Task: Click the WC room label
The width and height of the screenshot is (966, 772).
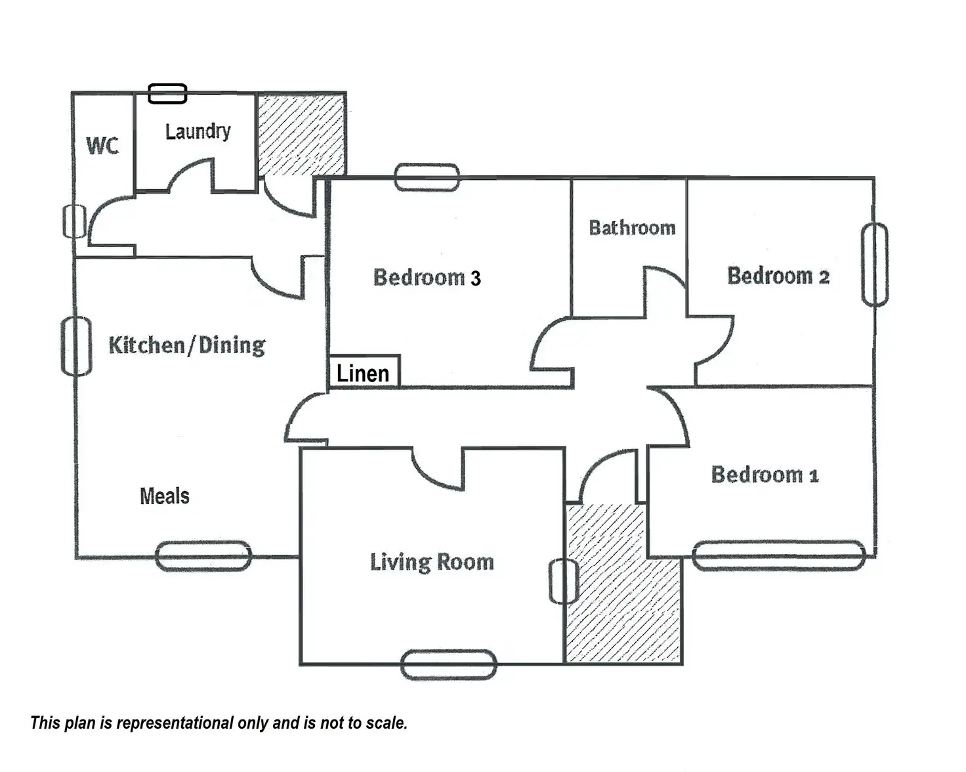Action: click(102, 145)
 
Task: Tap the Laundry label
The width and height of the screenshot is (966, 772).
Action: click(198, 131)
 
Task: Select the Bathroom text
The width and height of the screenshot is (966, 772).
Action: click(632, 228)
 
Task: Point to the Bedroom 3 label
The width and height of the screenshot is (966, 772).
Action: click(427, 277)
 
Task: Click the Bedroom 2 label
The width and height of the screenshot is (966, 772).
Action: click(778, 276)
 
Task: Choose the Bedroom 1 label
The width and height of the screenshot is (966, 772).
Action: click(765, 474)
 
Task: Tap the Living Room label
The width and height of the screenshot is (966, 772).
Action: click(432, 562)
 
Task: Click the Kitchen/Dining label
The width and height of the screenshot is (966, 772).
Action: click(187, 345)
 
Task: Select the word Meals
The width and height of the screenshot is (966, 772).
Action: click(165, 496)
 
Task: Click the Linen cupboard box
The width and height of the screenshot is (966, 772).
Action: click(364, 372)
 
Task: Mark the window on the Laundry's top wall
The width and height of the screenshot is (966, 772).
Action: click(167, 94)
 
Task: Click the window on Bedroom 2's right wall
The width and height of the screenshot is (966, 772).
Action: click(874, 265)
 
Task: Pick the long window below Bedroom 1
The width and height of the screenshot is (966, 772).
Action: click(779, 555)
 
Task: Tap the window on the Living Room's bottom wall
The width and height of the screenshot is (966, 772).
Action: click(448, 664)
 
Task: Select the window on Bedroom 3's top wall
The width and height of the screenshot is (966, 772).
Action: click(427, 177)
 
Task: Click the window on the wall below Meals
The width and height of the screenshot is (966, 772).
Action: click(203, 556)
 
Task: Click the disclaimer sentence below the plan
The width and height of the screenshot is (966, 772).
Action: click(219, 723)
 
